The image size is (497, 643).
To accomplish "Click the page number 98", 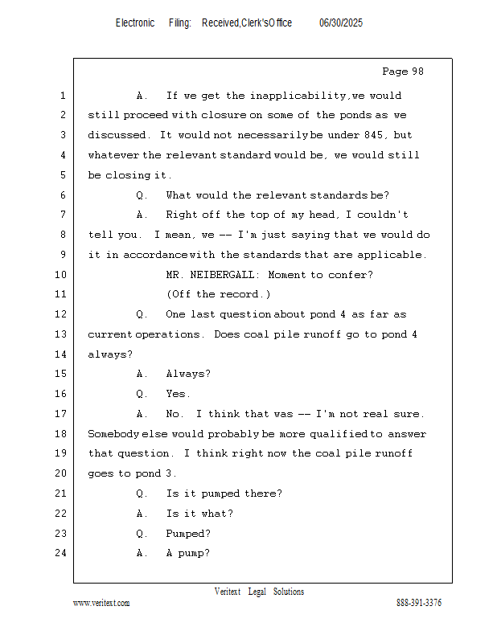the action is (x=417, y=72).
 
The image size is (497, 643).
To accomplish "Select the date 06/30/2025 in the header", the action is (x=341, y=23).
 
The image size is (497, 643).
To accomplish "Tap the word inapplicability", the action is (x=298, y=96).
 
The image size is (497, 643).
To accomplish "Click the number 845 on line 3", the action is (x=373, y=135).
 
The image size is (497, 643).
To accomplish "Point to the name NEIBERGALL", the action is (x=222, y=275).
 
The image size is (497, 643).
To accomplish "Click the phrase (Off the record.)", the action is (x=218, y=294).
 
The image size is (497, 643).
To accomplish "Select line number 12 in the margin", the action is (x=61, y=314).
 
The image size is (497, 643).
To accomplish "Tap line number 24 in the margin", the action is (x=61, y=553).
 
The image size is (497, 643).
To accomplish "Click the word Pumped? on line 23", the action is (x=188, y=534).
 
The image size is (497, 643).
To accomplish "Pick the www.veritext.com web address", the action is (x=101, y=604).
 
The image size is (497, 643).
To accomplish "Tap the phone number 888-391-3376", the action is (x=419, y=603).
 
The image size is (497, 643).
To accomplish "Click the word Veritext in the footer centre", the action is (x=228, y=592).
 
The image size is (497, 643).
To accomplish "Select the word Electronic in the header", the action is (x=135, y=23).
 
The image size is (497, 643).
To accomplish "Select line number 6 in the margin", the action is (x=63, y=195).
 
